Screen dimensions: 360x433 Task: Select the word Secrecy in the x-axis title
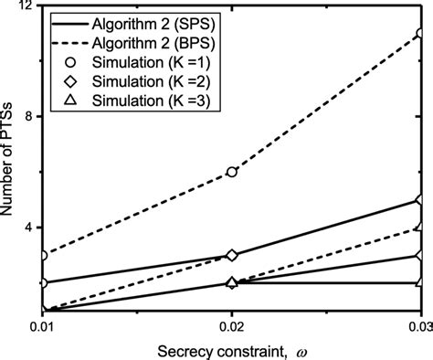tap(162, 350)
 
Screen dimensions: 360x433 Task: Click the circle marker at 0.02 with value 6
tap(232, 172)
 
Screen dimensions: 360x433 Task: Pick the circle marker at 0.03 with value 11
tap(420, 34)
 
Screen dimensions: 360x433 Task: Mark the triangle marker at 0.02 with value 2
tap(232, 282)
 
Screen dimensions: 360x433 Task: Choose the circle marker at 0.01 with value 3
tap(44, 255)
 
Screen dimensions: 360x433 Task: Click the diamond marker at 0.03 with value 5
tap(420, 199)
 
